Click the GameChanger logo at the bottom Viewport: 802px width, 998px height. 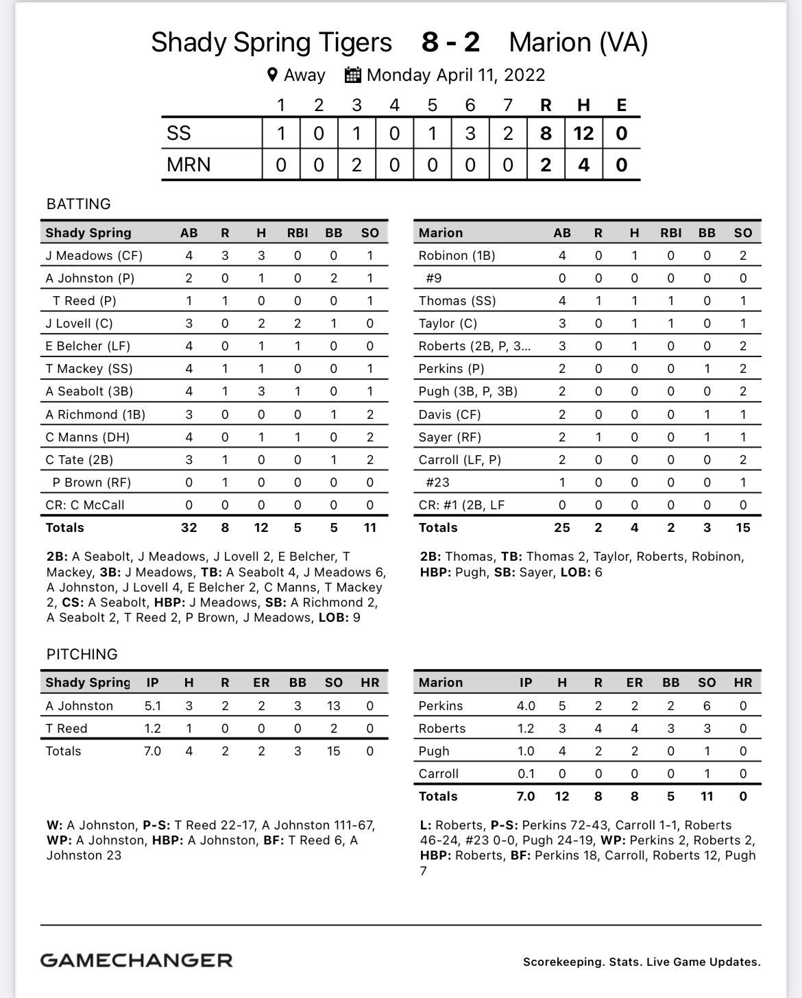coord(136,960)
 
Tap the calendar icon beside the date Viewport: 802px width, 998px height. coord(352,75)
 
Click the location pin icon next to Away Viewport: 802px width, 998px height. coord(272,75)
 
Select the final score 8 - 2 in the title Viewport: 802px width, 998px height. coord(450,42)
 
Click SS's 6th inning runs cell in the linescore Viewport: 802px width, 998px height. coord(470,133)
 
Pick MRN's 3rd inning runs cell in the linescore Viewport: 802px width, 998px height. coord(356,165)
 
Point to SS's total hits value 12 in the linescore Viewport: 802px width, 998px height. coord(583,133)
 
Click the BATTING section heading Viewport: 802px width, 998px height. coord(78,204)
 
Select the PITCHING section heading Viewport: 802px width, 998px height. coord(82,655)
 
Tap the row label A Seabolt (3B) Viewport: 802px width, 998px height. coord(89,391)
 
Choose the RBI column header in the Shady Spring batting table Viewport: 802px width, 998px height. coord(297,233)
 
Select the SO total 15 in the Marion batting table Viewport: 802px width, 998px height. coord(743,528)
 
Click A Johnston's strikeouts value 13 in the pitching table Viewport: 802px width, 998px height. coord(334,706)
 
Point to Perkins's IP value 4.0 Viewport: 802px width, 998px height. coord(526,706)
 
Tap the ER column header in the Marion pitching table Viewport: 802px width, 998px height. coord(635,683)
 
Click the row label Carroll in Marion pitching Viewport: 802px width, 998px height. coord(439,774)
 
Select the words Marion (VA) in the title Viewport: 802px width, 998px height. coord(578,42)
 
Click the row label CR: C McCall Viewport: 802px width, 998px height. coord(85,505)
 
